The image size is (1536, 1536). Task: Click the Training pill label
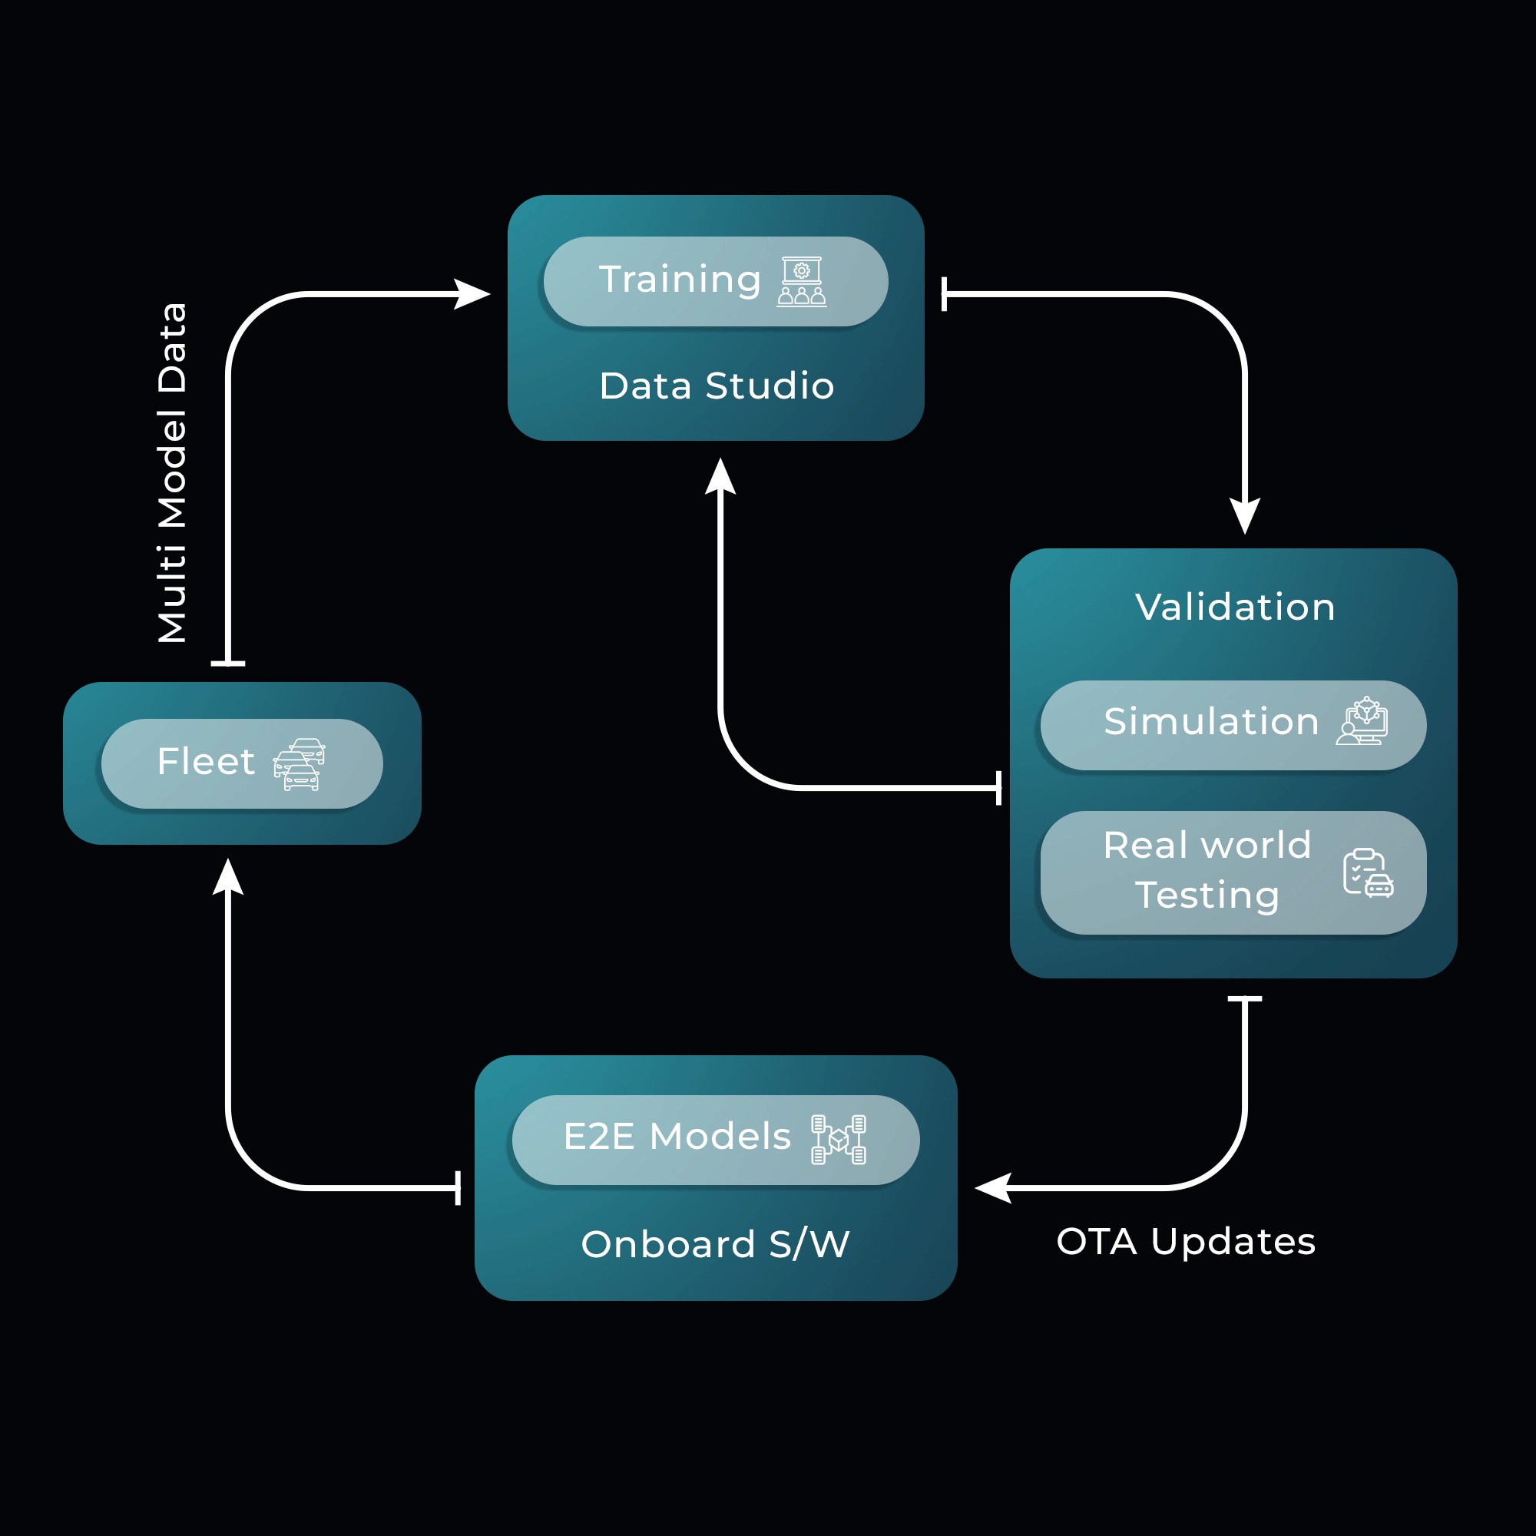pyautogui.click(x=680, y=280)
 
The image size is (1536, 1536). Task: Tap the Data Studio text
pyautogui.click(x=717, y=386)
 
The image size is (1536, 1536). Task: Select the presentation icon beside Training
pyautogui.click(x=801, y=281)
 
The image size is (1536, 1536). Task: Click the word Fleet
pyautogui.click(x=206, y=762)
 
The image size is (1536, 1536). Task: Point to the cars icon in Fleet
pyautogui.click(x=299, y=764)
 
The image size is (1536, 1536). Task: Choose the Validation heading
pyautogui.click(x=1235, y=607)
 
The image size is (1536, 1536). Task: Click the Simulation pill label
pyautogui.click(x=1211, y=722)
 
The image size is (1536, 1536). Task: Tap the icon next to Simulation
pyautogui.click(x=1362, y=722)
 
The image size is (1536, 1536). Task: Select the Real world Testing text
pyautogui.click(x=1207, y=870)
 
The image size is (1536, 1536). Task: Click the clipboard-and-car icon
pyautogui.click(x=1368, y=873)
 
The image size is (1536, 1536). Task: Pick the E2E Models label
pyautogui.click(x=677, y=1136)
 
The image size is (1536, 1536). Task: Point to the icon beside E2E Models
pyautogui.click(x=838, y=1139)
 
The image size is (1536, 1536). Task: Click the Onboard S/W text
pyautogui.click(x=716, y=1244)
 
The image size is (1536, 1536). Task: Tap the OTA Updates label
pyautogui.click(x=1185, y=1241)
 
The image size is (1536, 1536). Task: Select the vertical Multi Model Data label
pyautogui.click(x=172, y=473)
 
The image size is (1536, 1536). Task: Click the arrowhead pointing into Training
pyautogui.click(x=472, y=294)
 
